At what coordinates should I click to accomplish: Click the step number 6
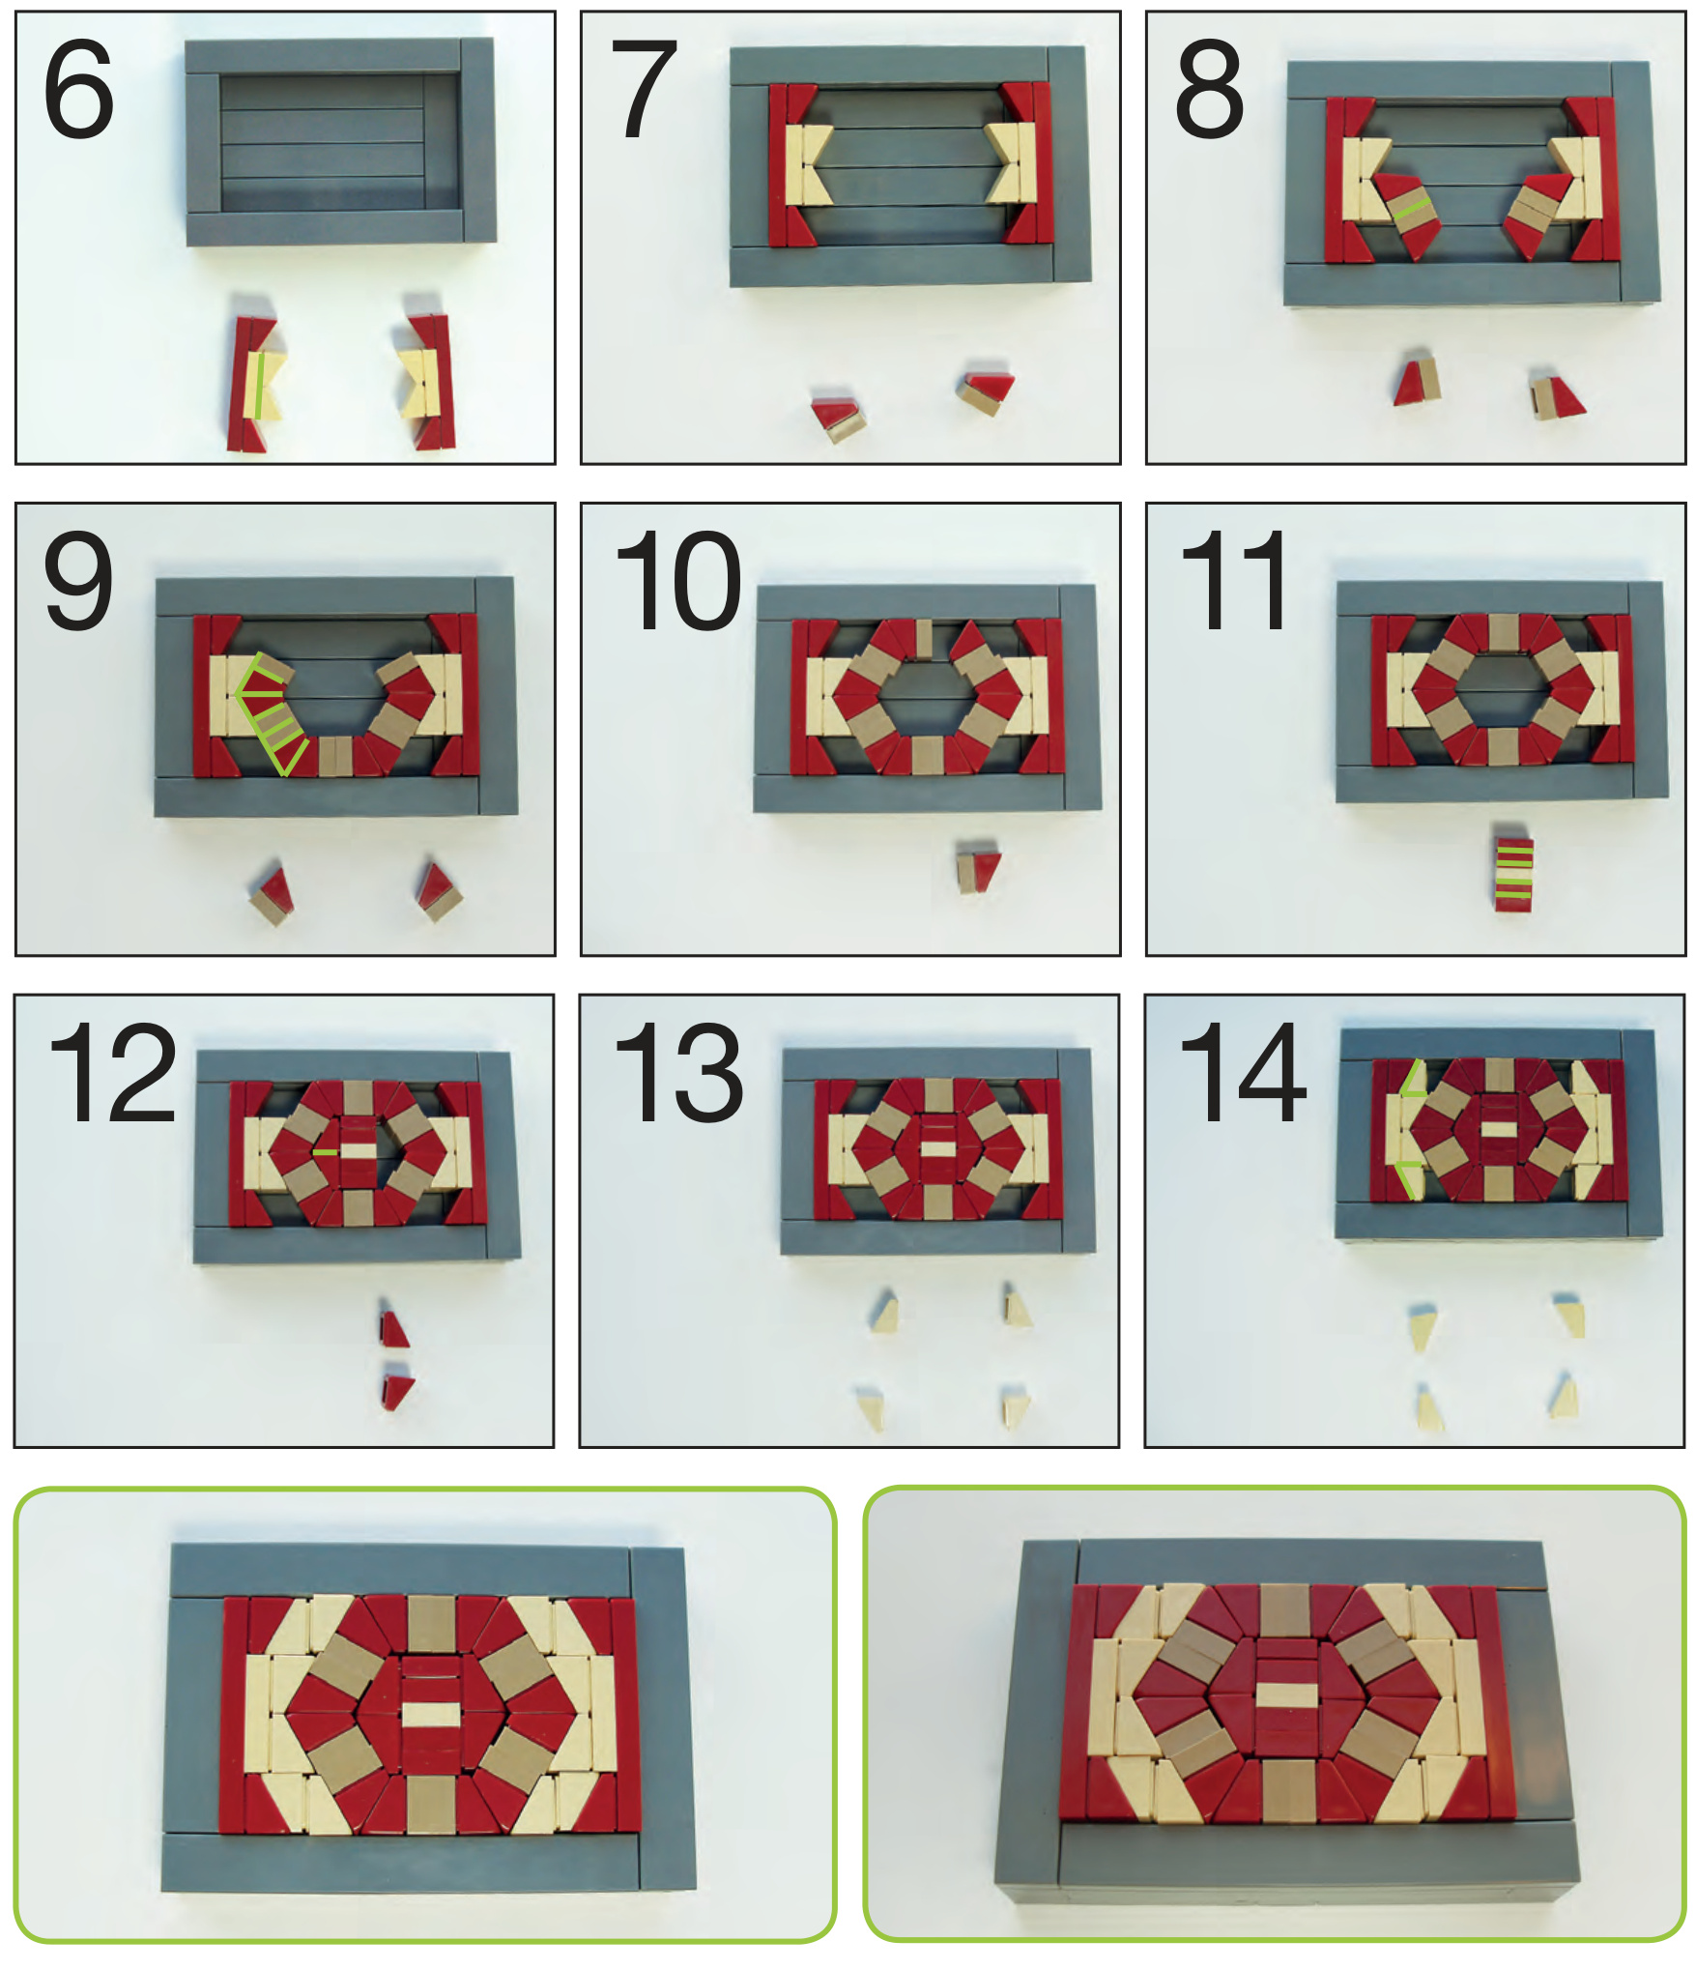point(78,90)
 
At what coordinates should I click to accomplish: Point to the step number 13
point(678,1073)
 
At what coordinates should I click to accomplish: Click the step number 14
point(1243,1073)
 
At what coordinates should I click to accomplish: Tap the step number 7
point(645,90)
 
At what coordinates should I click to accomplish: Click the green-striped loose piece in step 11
point(1513,867)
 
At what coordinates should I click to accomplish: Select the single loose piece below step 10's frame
point(979,870)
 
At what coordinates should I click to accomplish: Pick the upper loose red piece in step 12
point(394,1329)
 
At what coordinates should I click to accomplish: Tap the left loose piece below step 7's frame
point(838,417)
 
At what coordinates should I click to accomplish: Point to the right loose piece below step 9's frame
point(439,890)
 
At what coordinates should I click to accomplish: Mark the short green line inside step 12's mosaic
point(326,1151)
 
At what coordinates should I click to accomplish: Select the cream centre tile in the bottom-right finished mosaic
point(1285,1694)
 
